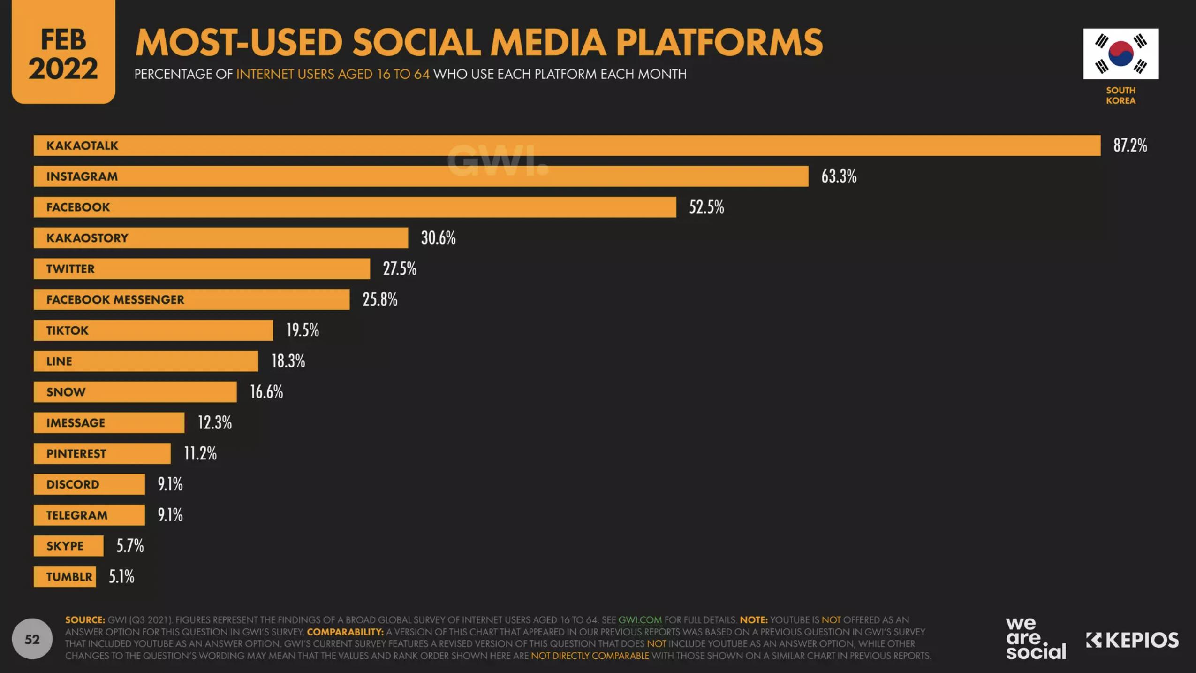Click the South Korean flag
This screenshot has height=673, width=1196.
point(1120,54)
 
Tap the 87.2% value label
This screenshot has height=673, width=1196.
point(1130,145)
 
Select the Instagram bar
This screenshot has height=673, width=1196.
point(421,176)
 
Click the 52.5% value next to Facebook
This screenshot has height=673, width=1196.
point(706,207)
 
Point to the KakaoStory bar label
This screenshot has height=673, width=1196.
point(87,238)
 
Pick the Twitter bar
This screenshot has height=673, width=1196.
point(202,269)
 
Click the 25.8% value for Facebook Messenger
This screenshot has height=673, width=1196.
point(380,299)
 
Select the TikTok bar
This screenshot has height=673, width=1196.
point(153,330)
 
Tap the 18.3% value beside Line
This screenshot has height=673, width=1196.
point(288,361)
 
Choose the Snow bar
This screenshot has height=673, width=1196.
point(135,392)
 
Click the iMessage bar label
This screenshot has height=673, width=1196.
point(76,423)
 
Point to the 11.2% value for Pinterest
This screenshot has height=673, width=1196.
point(200,453)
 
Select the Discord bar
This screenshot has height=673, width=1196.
point(89,484)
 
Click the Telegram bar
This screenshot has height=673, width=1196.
point(89,515)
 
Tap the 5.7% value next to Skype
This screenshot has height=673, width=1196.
point(130,546)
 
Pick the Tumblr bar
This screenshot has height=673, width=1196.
point(65,577)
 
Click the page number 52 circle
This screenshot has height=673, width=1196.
point(32,639)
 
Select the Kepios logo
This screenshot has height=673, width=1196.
point(1132,640)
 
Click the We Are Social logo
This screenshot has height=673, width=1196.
point(1036,638)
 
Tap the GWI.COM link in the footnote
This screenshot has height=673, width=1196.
point(640,620)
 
